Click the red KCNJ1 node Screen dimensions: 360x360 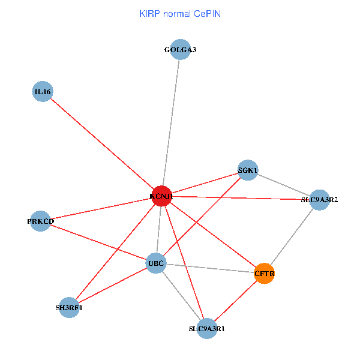pos(161,196)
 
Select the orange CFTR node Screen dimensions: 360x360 pos(265,274)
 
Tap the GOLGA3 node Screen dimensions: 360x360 pos(180,50)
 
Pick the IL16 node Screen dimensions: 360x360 pos(43,92)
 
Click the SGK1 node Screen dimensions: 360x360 pos(248,170)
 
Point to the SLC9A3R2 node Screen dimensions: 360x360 pos(319,200)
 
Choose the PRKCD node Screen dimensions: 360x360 pos(40,221)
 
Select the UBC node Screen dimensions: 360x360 pos(156,263)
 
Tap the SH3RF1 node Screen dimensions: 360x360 pos(69,308)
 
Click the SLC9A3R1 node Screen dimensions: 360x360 pos(206,328)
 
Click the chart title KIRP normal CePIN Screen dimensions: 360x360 pos(180,13)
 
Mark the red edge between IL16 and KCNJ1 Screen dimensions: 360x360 pos(102,144)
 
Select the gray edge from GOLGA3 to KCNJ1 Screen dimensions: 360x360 pos(171,123)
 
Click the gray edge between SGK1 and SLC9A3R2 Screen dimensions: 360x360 pos(283,185)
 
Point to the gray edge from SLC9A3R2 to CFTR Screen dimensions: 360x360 pos(292,236)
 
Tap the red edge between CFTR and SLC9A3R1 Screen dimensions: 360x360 pos(236,301)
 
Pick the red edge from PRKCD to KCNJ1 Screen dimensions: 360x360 pos(101,209)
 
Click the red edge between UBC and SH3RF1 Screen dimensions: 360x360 pos(113,286)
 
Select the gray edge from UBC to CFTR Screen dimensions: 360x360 pos(210,268)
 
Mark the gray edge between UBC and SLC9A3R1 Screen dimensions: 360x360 pos(181,296)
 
